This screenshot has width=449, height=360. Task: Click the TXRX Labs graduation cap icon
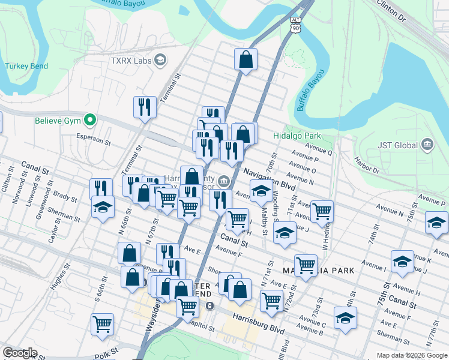click(160, 59)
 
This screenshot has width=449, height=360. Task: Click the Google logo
click(20, 353)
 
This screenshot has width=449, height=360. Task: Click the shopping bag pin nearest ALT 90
click(246, 59)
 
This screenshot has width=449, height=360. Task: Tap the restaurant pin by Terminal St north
click(145, 107)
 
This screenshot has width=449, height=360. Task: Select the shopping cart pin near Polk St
click(103, 324)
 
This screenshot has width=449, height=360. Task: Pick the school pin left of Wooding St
click(261, 191)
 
